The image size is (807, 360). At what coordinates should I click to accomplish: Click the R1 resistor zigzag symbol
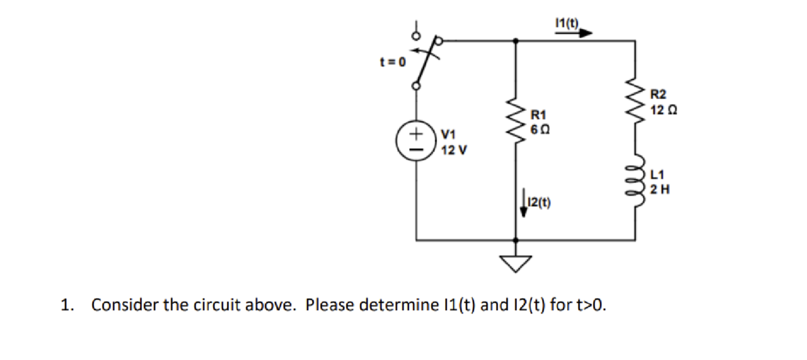515,121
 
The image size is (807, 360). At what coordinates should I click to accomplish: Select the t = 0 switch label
393,62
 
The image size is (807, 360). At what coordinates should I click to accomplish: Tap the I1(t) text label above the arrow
567,23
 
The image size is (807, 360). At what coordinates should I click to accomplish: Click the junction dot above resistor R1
515,40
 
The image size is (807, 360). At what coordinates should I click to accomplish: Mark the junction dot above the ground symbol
515,241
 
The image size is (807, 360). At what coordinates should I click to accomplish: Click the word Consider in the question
125,305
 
